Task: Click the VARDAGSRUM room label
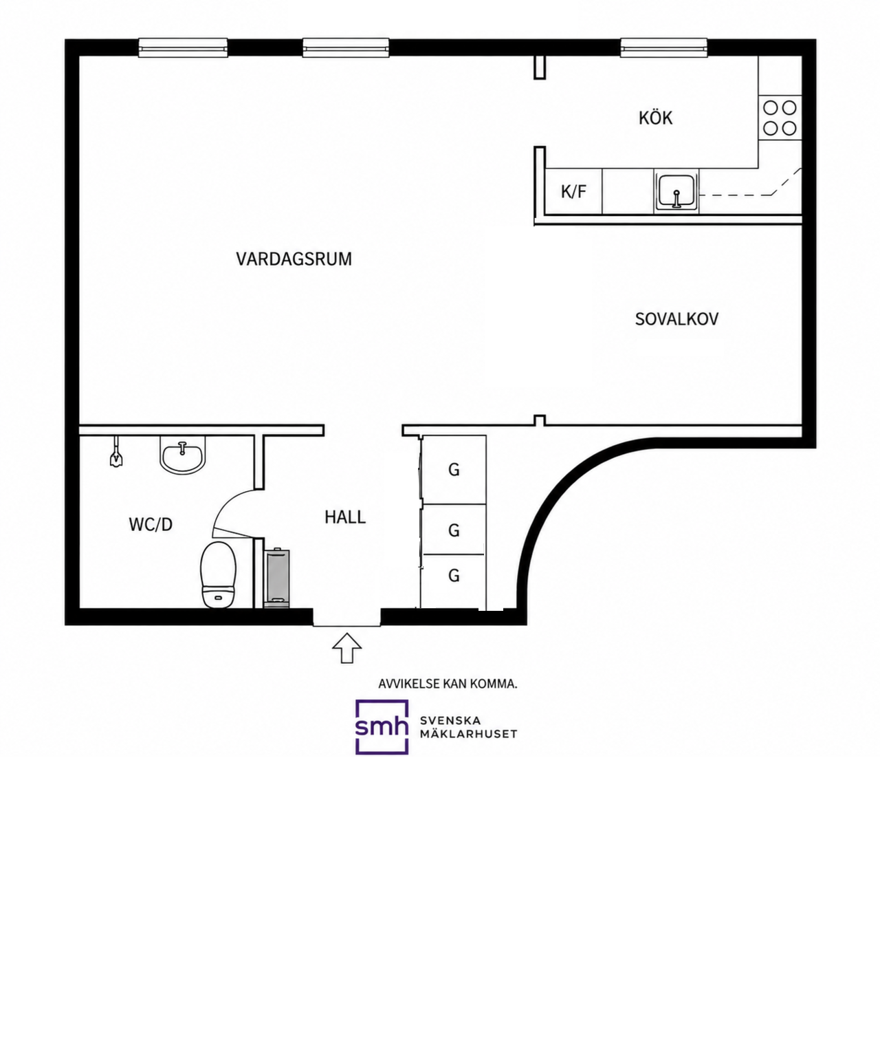(x=294, y=259)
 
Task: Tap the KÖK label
(x=655, y=118)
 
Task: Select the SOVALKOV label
(x=676, y=319)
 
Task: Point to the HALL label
(x=345, y=517)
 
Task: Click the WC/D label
(x=151, y=524)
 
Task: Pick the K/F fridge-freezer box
(x=573, y=191)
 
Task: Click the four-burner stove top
(x=780, y=118)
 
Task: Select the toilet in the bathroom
(x=219, y=574)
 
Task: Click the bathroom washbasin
(x=183, y=455)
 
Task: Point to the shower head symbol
(x=116, y=451)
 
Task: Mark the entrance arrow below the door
(x=346, y=648)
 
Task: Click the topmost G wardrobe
(x=454, y=470)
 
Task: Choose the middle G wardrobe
(x=454, y=530)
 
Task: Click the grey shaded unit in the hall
(x=277, y=578)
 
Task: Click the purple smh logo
(x=382, y=726)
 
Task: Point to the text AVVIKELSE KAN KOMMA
(x=448, y=684)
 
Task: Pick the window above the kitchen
(x=663, y=47)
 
